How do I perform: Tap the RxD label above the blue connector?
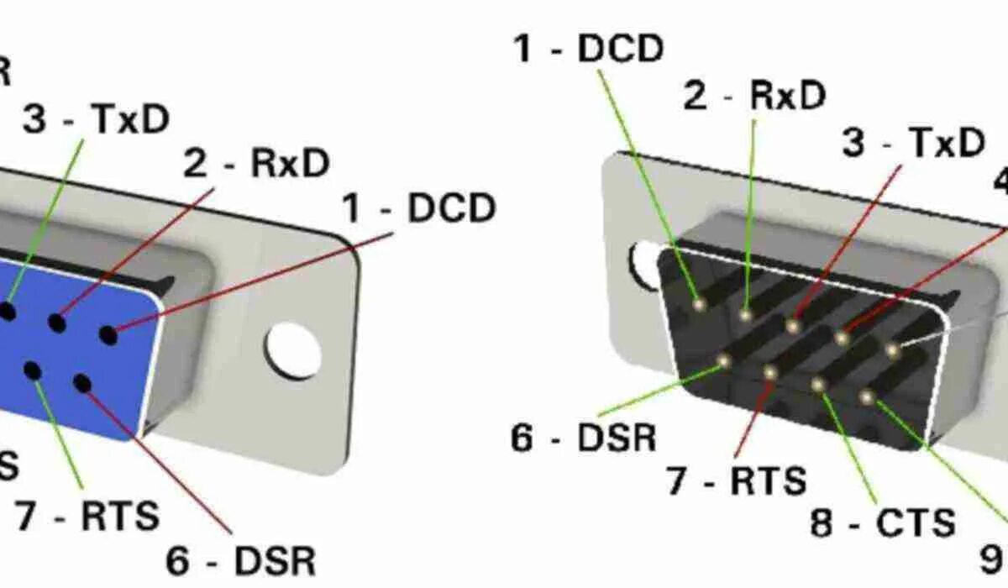pyautogui.click(x=257, y=165)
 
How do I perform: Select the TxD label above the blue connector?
pyautogui.click(x=96, y=120)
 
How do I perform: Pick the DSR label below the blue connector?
pyautogui.click(x=241, y=560)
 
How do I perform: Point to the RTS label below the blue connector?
pyautogui.click(x=87, y=516)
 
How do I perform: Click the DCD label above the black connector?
pyautogui.click(x=589, y=50)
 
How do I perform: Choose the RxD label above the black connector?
pyautogui.click(x=754, y=97)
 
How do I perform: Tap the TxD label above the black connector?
pyautogui.click(x=914, y=144)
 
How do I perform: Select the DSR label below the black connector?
pyautogui.click(x=584, y=438)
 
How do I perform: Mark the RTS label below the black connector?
pyautogui.click(x=737, y=481)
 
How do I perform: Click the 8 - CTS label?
pyautogui.click(x=883, y=522)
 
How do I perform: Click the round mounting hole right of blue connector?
pyautogui.click(x=293, y=349)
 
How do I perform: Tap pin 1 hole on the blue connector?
pyautogui.click(x=108, y=334)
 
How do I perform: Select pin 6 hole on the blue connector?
pyautogui.click(x=82, y=383)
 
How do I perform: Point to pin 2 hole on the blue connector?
pyautogui.click(x=57, y=323)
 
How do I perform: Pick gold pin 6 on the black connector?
pyautogui.click(x=723, y=361)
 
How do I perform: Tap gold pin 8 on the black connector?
pyautogui.click(x=818, y=384)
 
